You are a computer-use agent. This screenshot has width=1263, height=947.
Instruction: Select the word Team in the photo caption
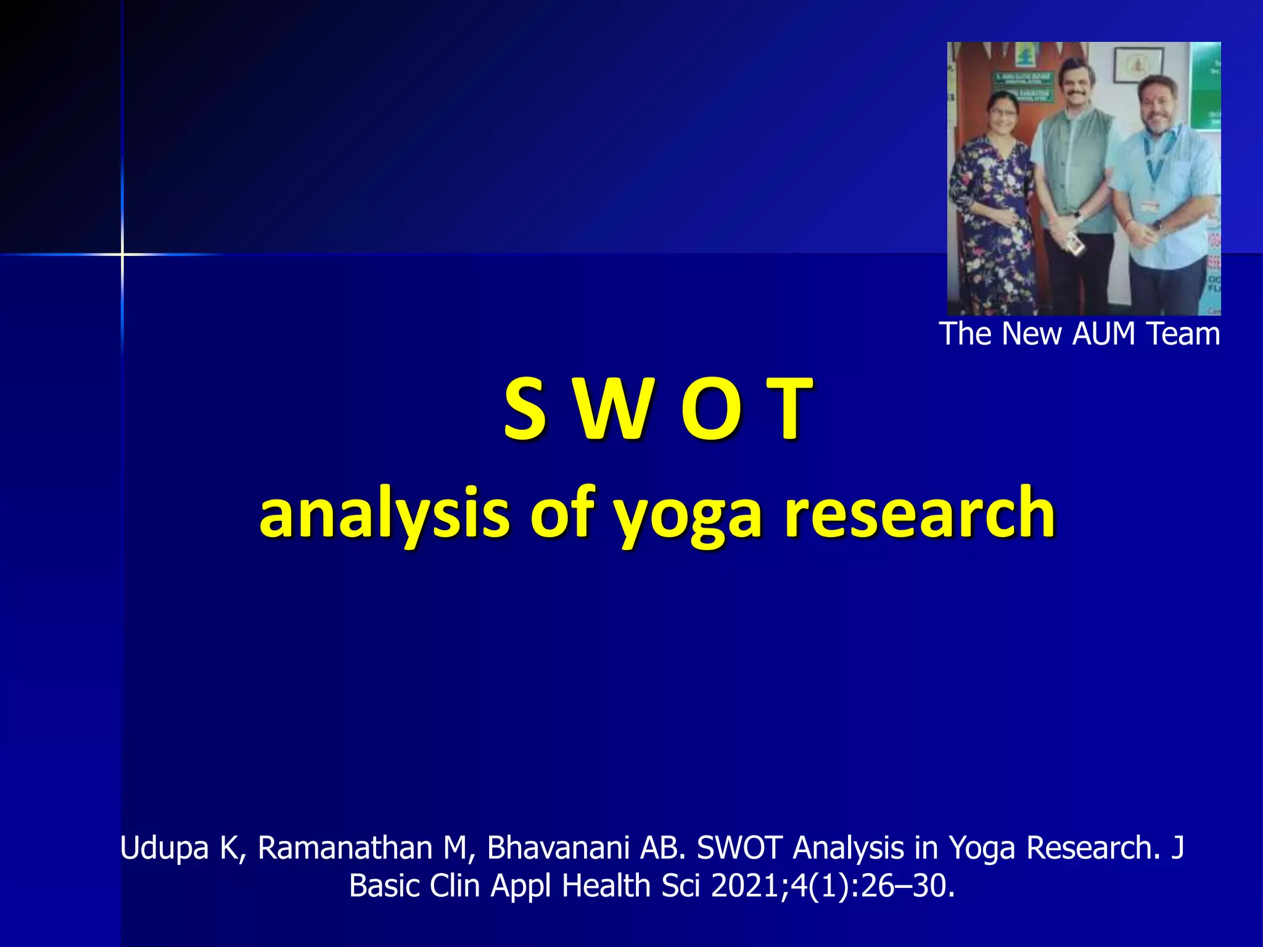(x=1183, y=334)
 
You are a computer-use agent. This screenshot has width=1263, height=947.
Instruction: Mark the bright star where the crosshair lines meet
(x=122, y=253)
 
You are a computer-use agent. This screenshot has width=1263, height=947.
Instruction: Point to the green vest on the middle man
(x=1076, y=166)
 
